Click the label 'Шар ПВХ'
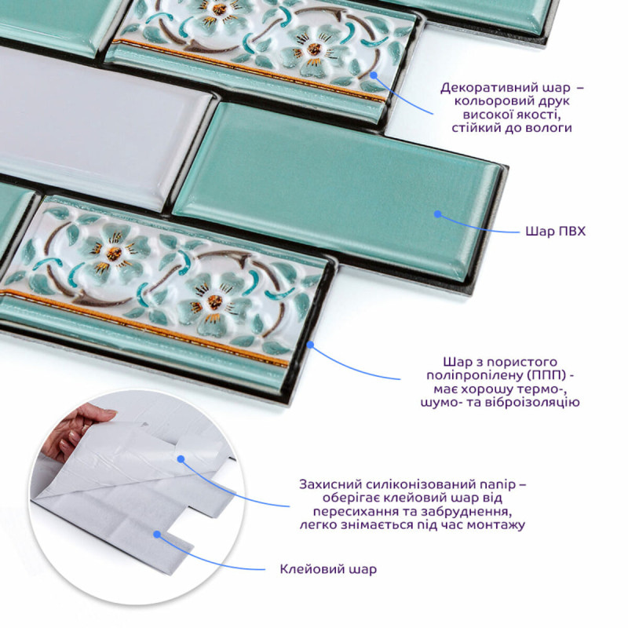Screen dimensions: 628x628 555,232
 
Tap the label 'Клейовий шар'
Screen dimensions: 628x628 328,569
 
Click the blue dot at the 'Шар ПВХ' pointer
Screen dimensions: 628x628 438,214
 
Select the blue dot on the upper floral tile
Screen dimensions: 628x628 374,75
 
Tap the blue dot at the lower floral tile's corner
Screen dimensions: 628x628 310,344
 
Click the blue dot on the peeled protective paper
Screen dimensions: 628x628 181,459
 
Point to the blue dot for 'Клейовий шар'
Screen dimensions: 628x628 157,535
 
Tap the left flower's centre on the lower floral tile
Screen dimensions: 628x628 114,253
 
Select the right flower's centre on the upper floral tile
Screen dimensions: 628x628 315,49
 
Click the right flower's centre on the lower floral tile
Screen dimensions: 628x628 215,301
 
